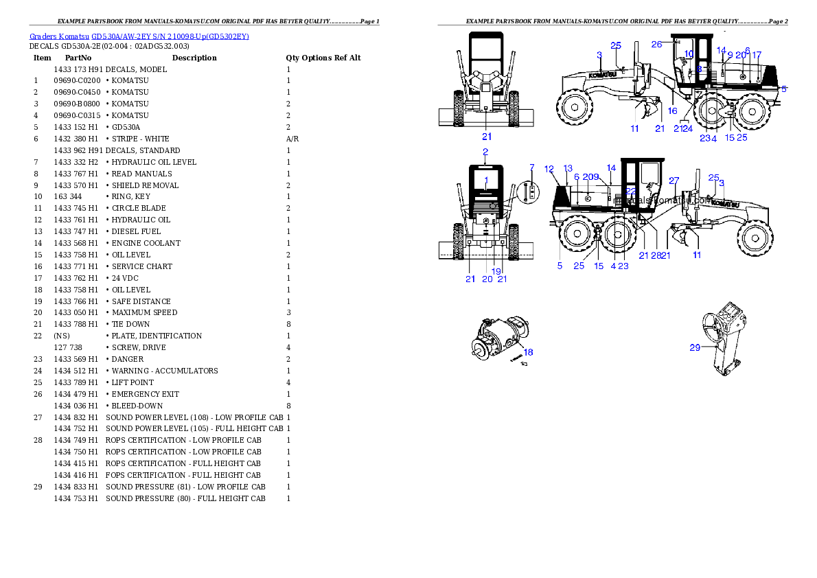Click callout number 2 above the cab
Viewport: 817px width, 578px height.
[x=485, y=151]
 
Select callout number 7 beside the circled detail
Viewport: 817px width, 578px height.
[x=531, y=167]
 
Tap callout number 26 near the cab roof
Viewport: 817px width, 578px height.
[x=657, y=44]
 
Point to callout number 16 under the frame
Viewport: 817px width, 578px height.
[x=673, y=111]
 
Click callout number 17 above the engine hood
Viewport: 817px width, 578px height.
[x=757, y=55]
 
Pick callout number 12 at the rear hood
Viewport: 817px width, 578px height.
[x=549, y=168]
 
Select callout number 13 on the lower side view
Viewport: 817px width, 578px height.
[x=568, y=168]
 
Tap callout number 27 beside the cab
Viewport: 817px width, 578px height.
[x=674, y=181]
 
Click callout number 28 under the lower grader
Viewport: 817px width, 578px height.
[x=655, y=255]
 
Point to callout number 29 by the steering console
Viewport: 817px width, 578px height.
[x=695, y=347]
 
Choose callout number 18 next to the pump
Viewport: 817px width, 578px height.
[x=528, y=352]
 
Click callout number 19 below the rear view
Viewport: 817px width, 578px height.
[x=496, y=271]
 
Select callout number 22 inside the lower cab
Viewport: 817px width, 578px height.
[x=630, y=190]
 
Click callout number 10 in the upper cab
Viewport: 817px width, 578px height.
[x=689, y=54]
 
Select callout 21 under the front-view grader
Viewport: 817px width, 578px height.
[x=487, y=137]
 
